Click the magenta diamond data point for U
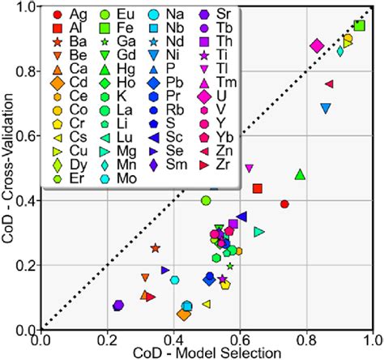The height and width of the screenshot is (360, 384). pyautogui.click(x=318, y=46)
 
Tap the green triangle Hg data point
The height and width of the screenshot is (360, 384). pyautogui.click(x=301, y=174)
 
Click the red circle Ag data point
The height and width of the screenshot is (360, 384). pyautogui.click(x=284, y=204)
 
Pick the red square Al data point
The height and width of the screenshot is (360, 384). pyautogui.click(x=258, y=188)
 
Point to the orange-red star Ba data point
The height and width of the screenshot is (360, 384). pyautogui.click(x=156, y=248)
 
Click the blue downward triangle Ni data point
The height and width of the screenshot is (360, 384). pyautogui.click(x=326, y=108)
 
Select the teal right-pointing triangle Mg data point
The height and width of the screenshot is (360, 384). pyautogui.click(x=259, y=232)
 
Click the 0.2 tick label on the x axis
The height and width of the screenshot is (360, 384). pyautogui.click(x=108, y=339)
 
